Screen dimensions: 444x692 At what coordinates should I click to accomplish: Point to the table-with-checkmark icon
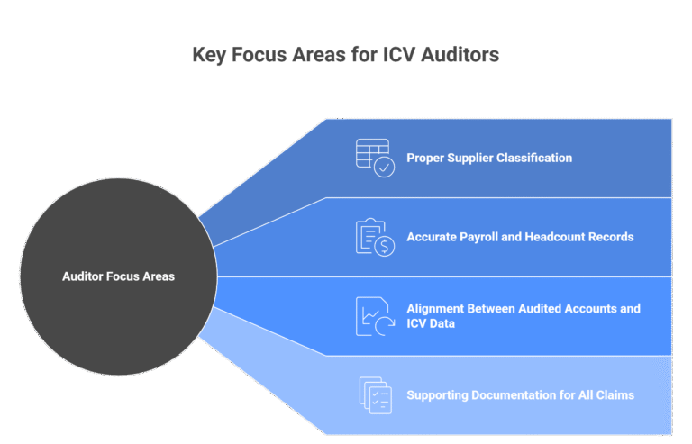point(374,158)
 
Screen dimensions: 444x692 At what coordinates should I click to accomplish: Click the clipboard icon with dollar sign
point(374,237)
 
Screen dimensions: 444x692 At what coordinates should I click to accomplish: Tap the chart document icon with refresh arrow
point(374,316)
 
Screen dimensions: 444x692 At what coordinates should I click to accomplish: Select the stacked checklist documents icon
point(374,394)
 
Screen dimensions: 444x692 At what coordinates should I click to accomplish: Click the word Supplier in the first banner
point(467,158)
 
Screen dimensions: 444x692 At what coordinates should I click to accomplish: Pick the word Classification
point(533,158)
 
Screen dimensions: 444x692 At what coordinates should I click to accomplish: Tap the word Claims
point(615,394)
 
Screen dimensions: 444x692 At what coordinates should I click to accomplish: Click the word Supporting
point(436,394)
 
